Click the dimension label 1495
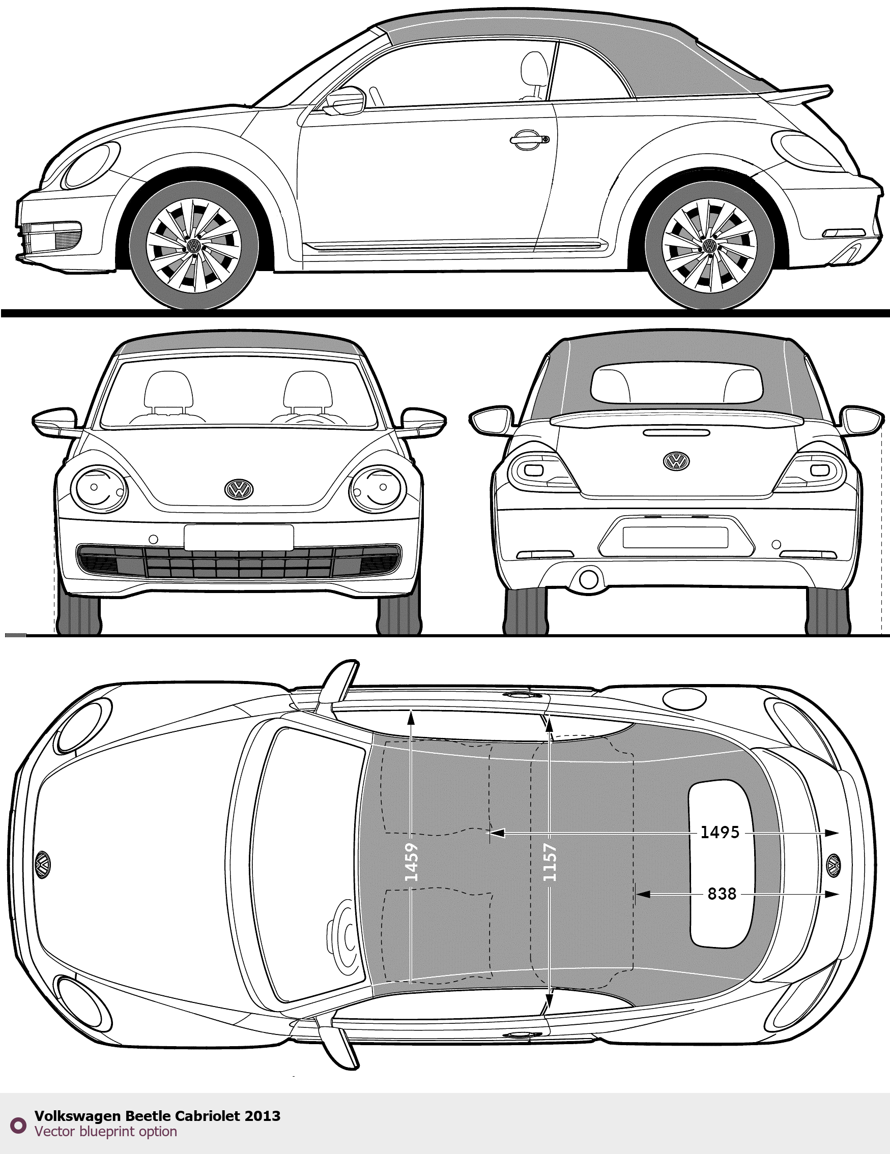point(720,832)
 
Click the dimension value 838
point(722,894)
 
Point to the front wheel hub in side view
point(193,246)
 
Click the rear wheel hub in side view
point(709,246)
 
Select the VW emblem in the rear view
point(676,461)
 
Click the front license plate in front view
point(239,538)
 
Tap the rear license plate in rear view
point(675,538)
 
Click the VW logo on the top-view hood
point(42,865)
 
